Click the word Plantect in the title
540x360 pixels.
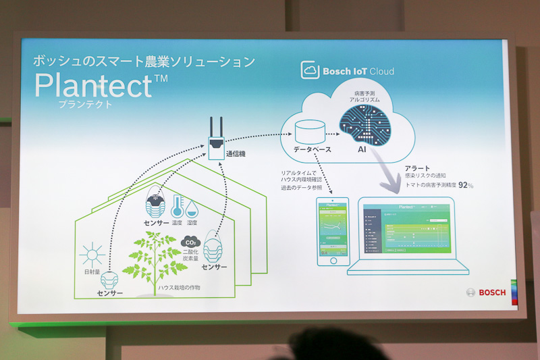click(x=94, y=86)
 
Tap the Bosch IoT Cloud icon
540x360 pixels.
click(x=310, y=70)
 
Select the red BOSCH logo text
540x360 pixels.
click(x=492, y=292)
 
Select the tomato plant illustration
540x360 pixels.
click(x=155, y=257)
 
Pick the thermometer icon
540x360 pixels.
click(x=178, y=206)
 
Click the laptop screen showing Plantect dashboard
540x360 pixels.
click(x=406, y=230)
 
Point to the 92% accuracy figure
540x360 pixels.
click(x=466, y=184)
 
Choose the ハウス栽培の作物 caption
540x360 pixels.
click(x=180, y=288)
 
